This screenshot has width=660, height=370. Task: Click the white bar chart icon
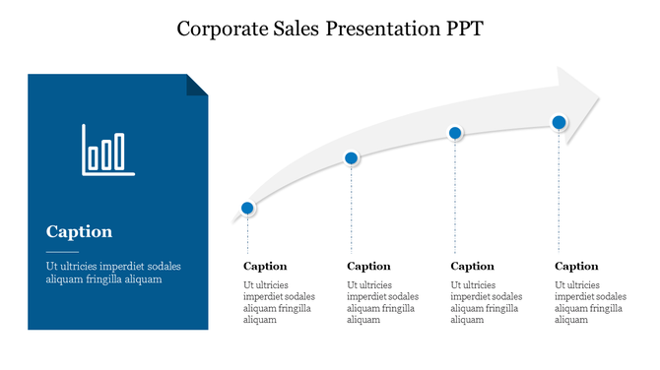(107, 150)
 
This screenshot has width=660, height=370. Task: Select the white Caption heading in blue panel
(79, 232)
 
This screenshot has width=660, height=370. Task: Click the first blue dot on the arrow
(248, 208)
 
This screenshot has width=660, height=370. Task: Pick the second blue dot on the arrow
(352, 158)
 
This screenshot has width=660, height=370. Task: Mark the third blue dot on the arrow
(455, 133)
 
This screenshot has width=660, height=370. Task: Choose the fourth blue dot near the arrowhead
(559, 122)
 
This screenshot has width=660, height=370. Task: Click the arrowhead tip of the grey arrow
(597, 95)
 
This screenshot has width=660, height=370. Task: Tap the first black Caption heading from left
(265, 266)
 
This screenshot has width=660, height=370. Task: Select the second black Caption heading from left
(369, 266)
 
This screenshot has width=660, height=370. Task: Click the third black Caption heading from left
(473, 266)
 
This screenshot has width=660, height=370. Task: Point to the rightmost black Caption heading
(576, 266)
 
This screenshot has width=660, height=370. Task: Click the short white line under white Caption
(62, 252)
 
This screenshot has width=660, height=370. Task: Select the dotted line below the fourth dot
(559, 192)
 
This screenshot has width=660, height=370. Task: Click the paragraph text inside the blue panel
(112, 273)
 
